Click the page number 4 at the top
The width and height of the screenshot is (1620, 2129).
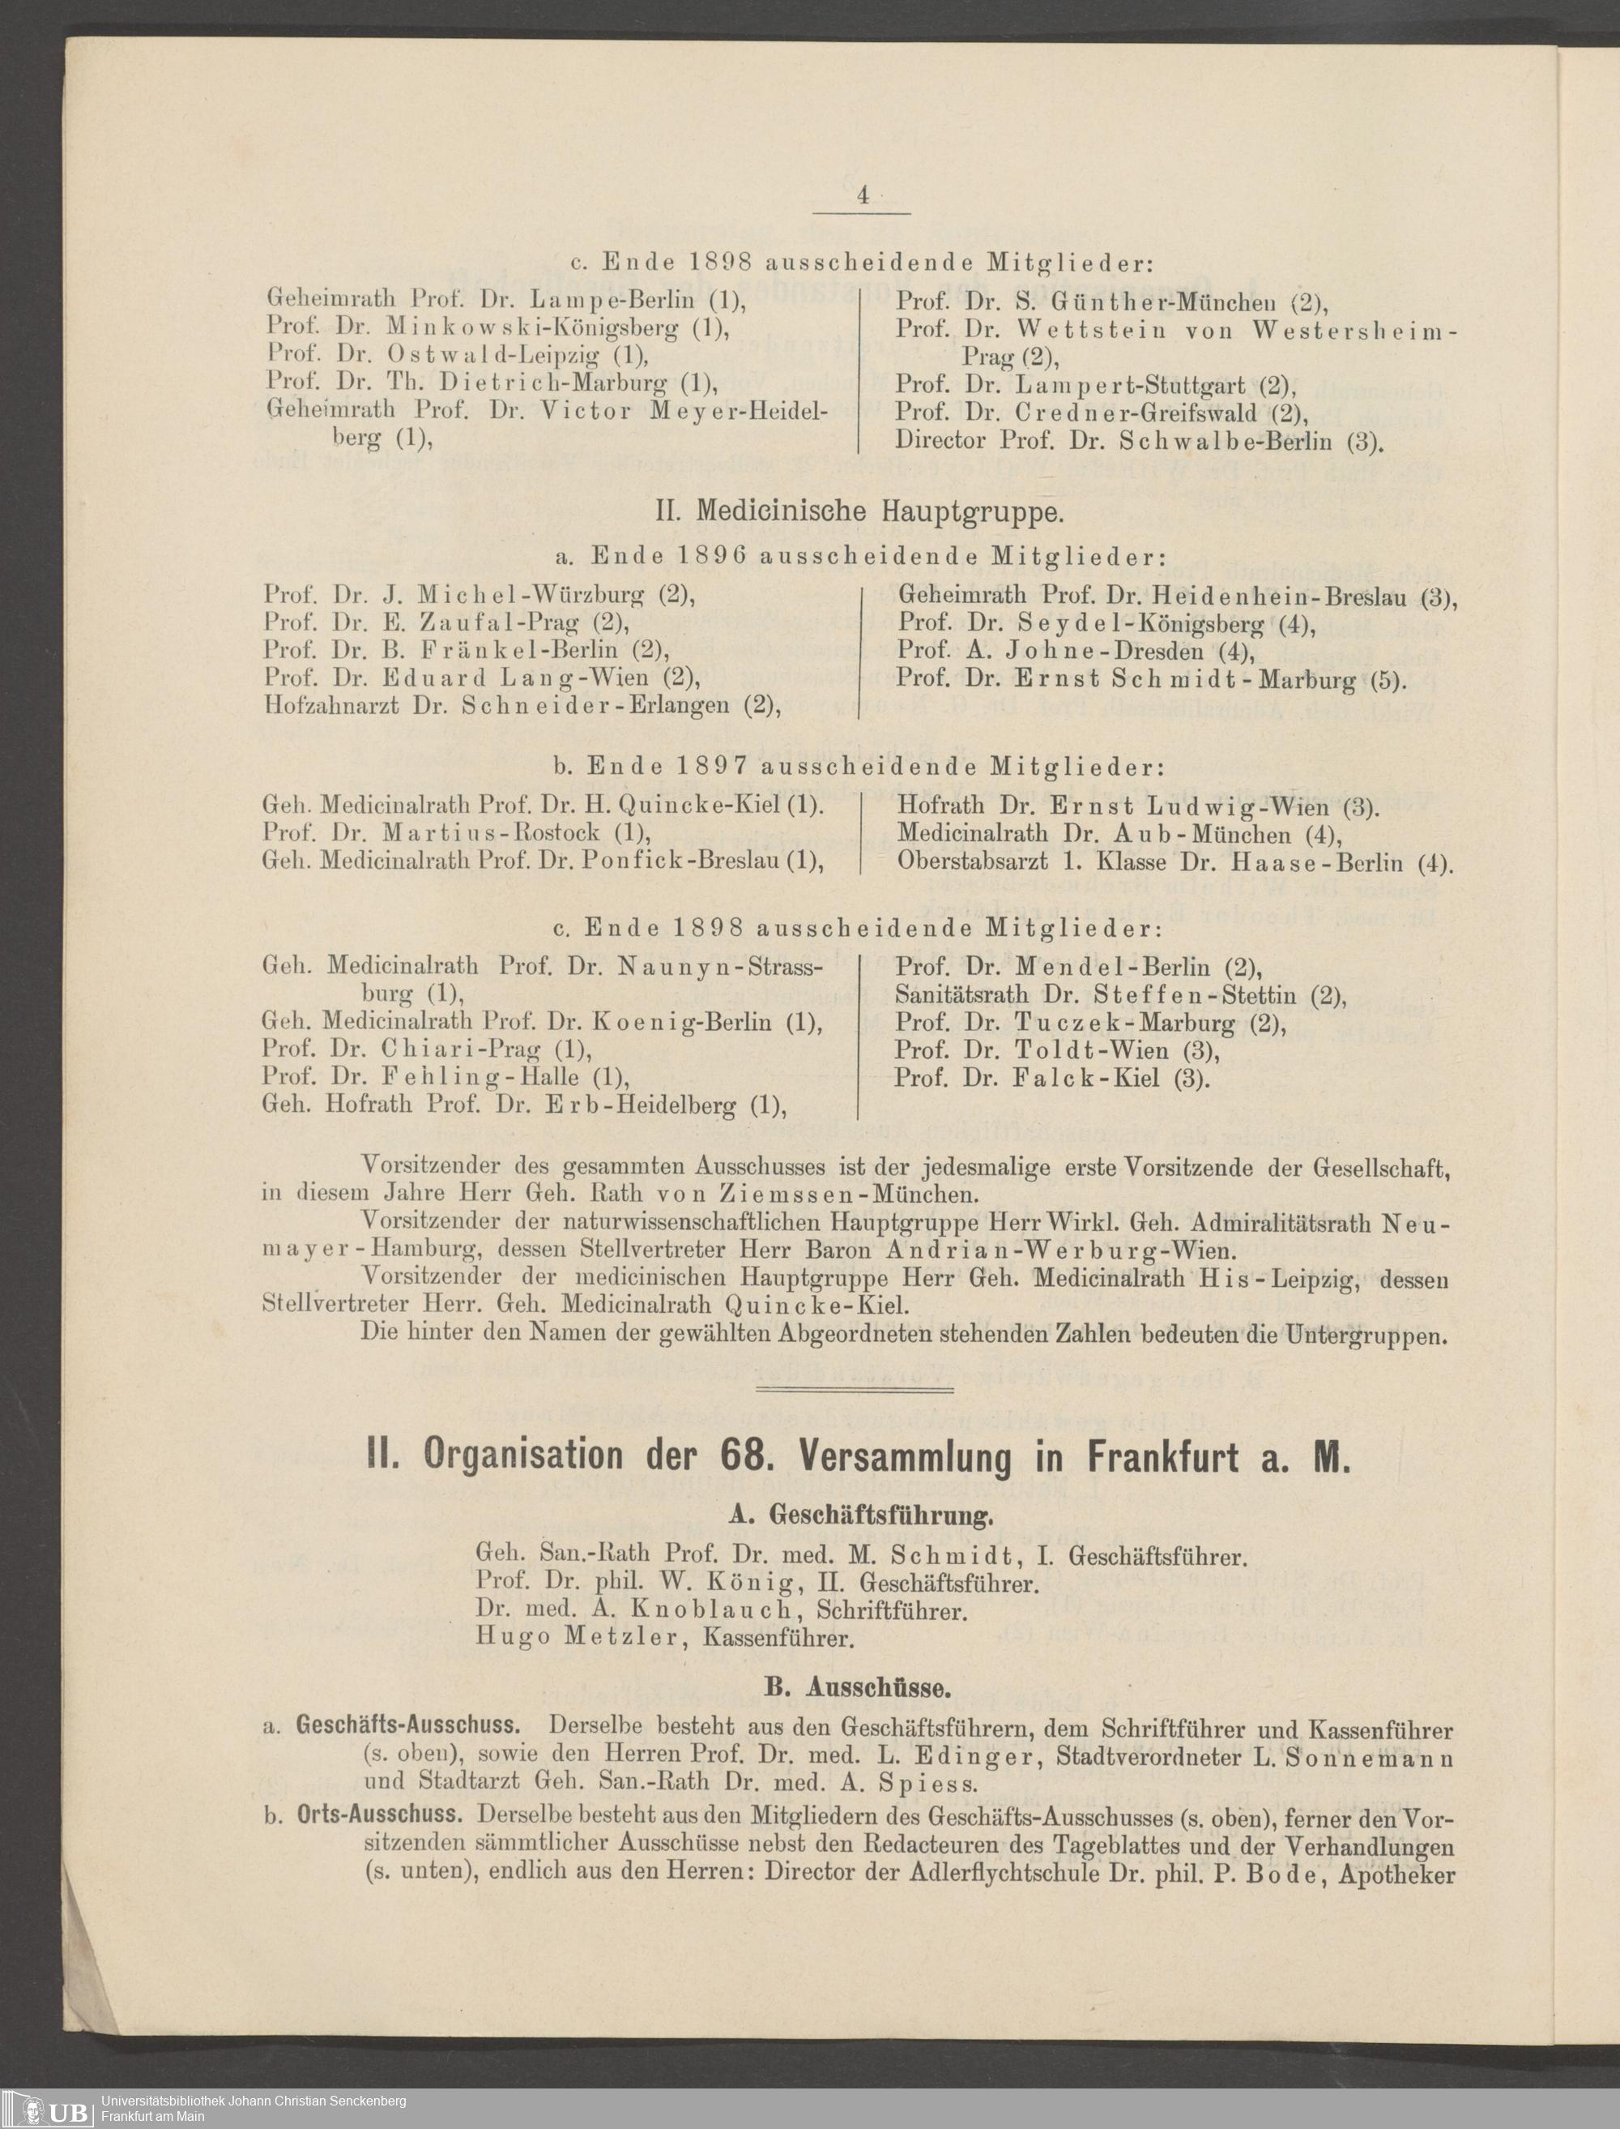pyautogui.click(x=862, y=196)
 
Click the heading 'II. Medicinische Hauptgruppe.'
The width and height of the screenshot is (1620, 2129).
pyautogui.click(x=859, y=511)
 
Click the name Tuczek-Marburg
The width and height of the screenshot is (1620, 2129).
pyautogui.click(x=1124, y=1023)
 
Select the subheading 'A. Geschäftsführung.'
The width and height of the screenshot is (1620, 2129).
pyautogui.click(x=860, y=1516)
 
